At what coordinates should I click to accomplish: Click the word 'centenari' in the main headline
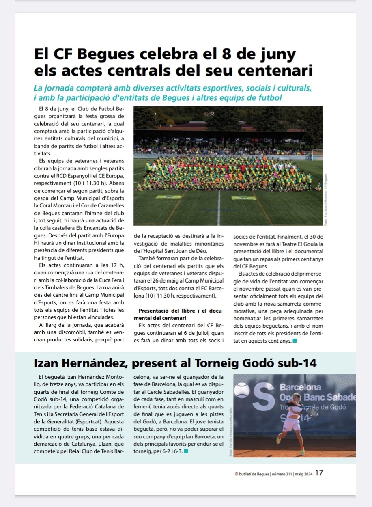[277, 70]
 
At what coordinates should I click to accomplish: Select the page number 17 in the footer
[319, 473]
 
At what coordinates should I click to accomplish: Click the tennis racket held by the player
[311, 412]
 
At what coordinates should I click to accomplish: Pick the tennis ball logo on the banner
[242, 390]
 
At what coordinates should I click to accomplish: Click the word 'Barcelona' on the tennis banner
[300, 387]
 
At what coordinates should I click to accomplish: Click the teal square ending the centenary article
[295, 341]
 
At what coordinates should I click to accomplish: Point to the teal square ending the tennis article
[186, 451]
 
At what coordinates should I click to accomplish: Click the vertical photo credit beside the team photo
[326, 201]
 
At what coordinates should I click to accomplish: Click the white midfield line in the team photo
[219, 207]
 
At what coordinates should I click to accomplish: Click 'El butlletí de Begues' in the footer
[252, 474]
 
